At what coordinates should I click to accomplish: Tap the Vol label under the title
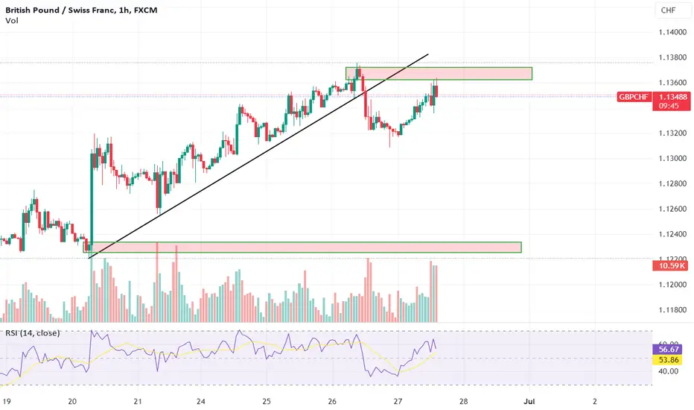point(11,20)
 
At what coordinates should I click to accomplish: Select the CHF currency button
point(668,10)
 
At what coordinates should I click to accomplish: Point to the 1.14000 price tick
point(672,32)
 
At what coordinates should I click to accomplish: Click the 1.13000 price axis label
point(672,158)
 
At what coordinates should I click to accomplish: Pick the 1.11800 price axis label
point(672,310)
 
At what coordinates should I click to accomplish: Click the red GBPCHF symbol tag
point(634,97)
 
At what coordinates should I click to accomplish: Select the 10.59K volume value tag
point(670,265)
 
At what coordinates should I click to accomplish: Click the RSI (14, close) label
point(32,333)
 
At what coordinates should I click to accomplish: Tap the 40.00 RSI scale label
point(669,371)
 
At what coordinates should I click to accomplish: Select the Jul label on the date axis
point(529,401)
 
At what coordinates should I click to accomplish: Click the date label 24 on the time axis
point(201,401)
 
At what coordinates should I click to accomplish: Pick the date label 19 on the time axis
point(7,401)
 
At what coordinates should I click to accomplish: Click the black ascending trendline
point(258,156)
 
